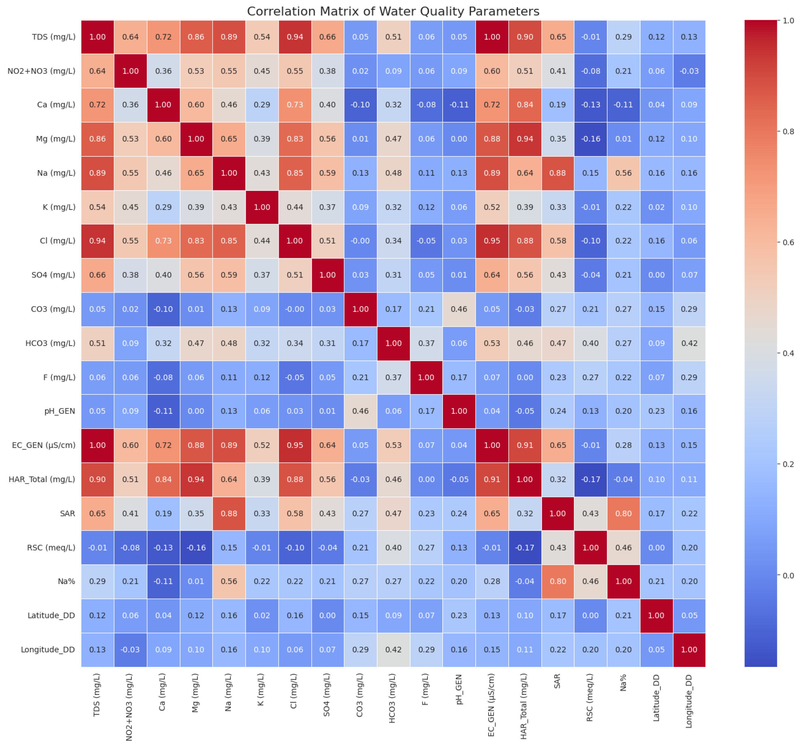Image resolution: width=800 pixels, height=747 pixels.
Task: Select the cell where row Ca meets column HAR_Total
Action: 525,105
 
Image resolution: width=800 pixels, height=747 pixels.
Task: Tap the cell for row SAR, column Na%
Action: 623,513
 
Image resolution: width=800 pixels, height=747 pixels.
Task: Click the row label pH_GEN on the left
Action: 60,411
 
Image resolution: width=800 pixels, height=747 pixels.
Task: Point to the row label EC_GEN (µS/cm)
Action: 44,445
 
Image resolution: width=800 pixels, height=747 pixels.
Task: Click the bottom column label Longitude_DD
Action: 689,701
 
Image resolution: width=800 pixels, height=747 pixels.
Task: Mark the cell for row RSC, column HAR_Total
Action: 525,548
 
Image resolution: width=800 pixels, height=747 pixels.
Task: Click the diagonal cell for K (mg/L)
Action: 262,207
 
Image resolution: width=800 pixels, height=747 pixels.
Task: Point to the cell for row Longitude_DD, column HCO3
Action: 393,650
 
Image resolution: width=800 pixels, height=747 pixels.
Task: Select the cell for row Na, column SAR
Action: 558,173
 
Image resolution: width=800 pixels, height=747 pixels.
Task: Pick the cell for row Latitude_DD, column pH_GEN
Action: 459,615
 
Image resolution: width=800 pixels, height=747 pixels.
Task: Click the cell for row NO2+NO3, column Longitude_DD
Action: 689,71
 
